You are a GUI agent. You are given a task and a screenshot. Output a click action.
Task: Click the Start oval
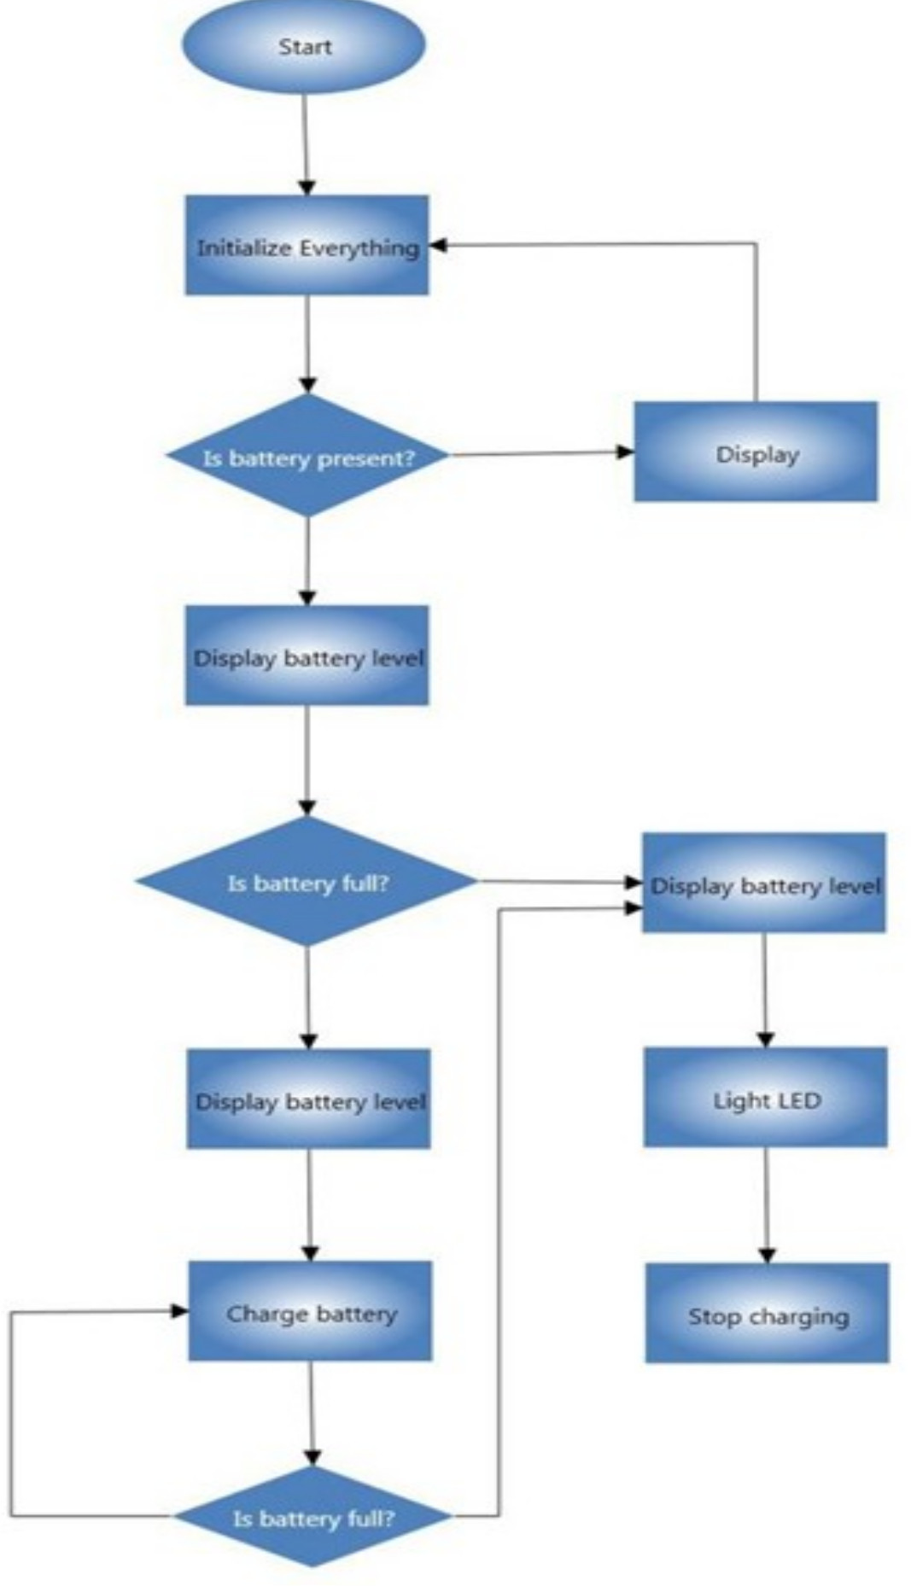pyautogui.click(x=304, y=46)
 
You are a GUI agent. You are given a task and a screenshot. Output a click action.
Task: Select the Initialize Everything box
pyautogui.click(x=307, y=246)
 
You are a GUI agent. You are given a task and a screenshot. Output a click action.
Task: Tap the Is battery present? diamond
pyautogui.click(x=307, y=457)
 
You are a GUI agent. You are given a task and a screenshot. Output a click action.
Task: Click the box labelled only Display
pyautogui.click(x=756, y=452)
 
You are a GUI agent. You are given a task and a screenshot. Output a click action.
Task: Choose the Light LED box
pyautogui.click(x=766, y=1098)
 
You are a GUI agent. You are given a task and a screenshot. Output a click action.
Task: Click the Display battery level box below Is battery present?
pyautogui.click(x=307, y=656)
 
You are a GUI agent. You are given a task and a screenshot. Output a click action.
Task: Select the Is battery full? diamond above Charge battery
pyautogui.click(x=307, y=882)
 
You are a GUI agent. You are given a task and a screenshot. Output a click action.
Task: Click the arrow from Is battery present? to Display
pyautogui.click(x=538, y=453)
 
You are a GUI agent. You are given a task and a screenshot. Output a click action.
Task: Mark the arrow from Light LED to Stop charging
pyautogui.click(x=766, y=1204)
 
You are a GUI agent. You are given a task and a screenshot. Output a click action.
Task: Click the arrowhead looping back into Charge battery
pyautogui.click(x=180, y=1311)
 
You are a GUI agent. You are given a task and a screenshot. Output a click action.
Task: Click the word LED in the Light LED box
pyautogui.click(x=800, y=1100)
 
